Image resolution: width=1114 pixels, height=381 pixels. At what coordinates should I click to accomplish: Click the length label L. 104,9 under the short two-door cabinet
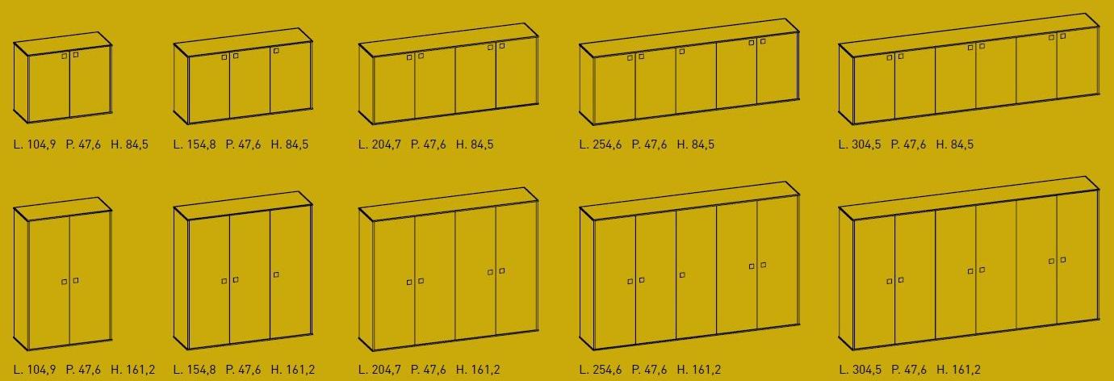[35, 144]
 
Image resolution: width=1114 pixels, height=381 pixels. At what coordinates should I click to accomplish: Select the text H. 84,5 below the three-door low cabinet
[290, 144]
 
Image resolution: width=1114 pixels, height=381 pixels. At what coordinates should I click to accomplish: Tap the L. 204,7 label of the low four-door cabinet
[379, 144]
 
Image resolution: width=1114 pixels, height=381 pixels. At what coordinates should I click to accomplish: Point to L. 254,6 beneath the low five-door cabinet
[601, 144]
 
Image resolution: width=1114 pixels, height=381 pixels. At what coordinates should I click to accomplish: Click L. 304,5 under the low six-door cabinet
[860, 144]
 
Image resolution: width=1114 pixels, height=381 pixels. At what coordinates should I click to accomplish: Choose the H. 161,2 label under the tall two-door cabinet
[132, 370]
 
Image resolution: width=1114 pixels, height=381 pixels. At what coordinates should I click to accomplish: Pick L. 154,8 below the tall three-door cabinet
[195, 370]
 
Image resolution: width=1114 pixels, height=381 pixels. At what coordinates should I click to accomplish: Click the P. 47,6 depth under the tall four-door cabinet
[428, 370]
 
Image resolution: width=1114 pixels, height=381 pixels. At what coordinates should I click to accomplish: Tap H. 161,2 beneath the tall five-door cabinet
[699, 370]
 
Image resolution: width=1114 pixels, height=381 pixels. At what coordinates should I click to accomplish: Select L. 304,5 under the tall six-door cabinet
[860, 370]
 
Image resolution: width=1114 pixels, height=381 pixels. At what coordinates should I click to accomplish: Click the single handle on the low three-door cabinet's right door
[276, 51]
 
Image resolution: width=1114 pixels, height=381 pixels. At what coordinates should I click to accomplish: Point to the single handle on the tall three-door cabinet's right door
[276, 274]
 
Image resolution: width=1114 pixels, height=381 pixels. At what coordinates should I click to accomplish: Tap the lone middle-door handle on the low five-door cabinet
[682, 51]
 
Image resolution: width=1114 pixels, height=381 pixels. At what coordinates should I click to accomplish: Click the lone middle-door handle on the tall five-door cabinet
[682, 275]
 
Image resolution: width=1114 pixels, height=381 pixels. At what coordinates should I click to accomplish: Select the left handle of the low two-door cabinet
[64, 57]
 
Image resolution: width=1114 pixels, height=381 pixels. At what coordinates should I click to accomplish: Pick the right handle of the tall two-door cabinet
[76, 281]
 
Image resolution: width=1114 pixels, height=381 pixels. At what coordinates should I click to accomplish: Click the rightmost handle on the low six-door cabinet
[1063, 36]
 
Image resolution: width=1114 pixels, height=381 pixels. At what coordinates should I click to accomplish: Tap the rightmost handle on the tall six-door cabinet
[1063, 260]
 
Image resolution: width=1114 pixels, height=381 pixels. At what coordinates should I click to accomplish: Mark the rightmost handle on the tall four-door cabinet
[502, 270]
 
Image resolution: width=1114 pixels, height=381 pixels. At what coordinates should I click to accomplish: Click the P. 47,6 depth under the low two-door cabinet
[83, 144]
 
